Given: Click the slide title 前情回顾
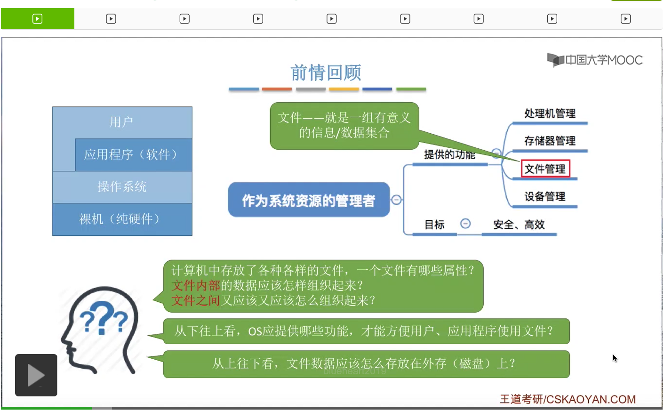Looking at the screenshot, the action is pyautogui.click(x=326, y=73).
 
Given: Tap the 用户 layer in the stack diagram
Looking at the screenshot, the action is pyautogui.click(x=121, y=122).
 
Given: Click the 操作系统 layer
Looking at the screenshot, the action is pyautogui.click(x=122, y=187).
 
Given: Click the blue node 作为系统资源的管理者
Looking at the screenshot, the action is pyautogui.click(x=309, y=200).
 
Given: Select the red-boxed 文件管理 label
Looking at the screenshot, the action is pyautogui.click(x=545, y=169).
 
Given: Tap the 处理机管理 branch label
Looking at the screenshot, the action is pyautogui.click(x=550, y=113).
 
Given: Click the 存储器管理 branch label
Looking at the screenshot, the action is pyautogui.click(x=550, y=141).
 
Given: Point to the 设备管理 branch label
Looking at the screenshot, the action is pyautogui.click(x=544, y=197).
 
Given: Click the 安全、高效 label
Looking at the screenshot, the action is pyautogui.click(x=519, y=225).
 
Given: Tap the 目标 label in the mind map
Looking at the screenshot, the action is pyautogui.click(x=434, y=225).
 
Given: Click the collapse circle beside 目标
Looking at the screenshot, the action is pyautogui.click(x=465, y=224).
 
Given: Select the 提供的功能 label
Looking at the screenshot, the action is pyautogui.click(x=449, y=155).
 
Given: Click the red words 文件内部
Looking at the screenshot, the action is pyautogui.click(x=196, y=285).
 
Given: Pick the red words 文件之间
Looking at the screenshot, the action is pyautogui.click(x=196, y=300).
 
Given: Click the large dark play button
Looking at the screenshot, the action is pyautogui.click(x=36, y=375).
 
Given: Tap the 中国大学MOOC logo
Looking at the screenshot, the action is pyautogui.click(x=595, y=60).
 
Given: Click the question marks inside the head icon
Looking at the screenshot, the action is pyautogui.click(x=104, y=319).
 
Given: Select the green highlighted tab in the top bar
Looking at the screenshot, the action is pyautogui.click(x=38, y=19).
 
